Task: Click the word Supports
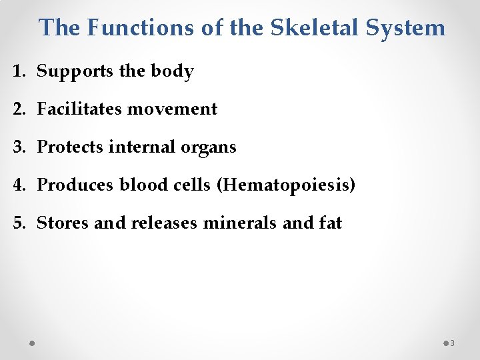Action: pos(76,72)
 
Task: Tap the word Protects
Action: pos(69,147)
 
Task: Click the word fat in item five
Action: pos(330,223)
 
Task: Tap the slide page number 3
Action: pos(452,343)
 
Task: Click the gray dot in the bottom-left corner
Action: pos(33,343)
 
